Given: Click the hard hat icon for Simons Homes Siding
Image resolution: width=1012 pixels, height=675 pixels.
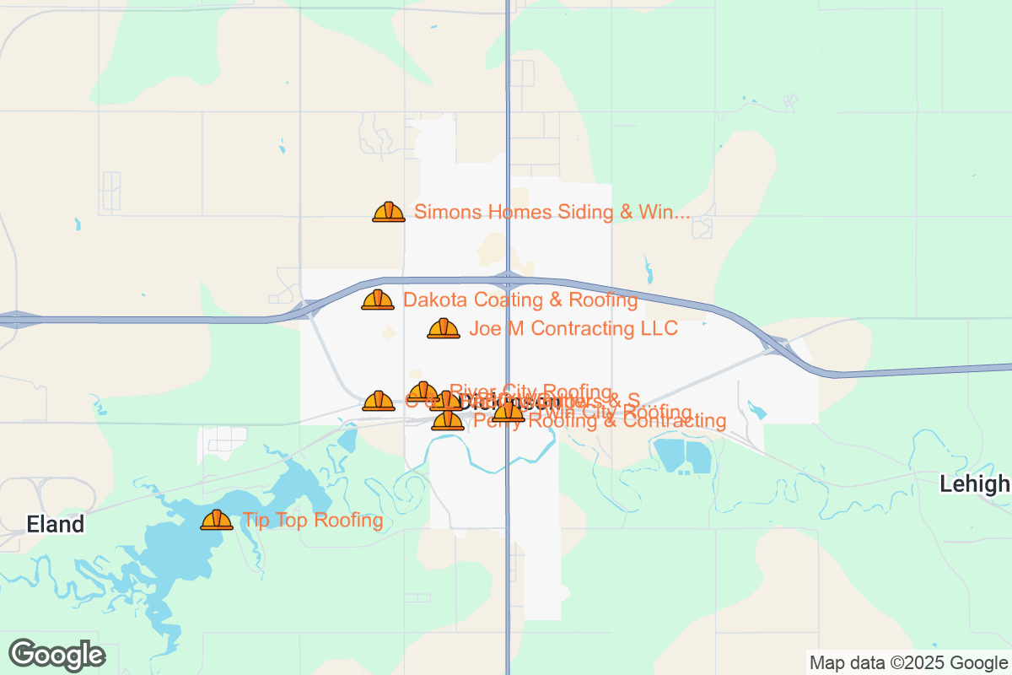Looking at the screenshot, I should point(389,212).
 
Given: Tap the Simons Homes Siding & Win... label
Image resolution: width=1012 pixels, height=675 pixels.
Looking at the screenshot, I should point(552,212).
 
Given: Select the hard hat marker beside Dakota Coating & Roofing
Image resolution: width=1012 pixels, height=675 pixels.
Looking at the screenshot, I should point(378,300).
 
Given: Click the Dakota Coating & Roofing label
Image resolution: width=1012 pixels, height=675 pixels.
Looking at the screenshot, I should point(520,300).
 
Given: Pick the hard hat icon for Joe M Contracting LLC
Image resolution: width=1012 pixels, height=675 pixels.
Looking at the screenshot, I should point(444,328).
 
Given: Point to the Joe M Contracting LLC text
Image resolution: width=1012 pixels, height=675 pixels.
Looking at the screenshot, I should point(573,328).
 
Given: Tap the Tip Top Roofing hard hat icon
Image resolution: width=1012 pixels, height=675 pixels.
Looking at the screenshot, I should point(217,521).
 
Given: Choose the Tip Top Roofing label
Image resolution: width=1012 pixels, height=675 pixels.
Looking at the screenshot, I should point(313,521).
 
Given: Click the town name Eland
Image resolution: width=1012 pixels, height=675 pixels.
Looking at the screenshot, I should point(56,525).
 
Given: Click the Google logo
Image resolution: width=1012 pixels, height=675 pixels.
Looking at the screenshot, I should point(57,655).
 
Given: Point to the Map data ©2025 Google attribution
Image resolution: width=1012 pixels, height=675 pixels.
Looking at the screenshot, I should point(909,662).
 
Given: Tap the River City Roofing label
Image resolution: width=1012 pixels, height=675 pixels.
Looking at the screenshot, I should point(530,391).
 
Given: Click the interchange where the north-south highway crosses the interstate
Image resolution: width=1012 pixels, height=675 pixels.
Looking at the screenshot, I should point(508,279).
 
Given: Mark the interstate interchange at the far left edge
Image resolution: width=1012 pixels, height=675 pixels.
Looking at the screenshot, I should point(15,320).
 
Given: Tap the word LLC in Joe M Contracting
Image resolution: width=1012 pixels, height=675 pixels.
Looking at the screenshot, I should point(658,328).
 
